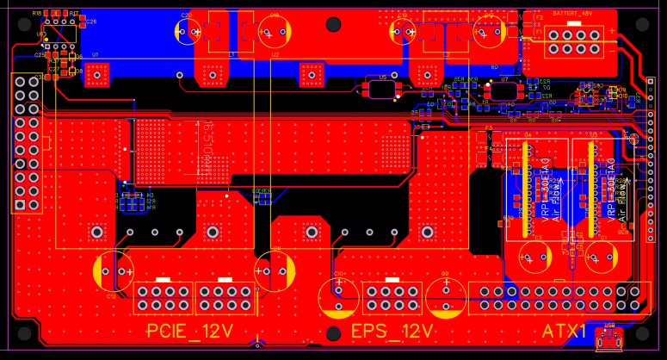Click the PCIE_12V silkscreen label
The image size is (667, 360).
click(190, 331)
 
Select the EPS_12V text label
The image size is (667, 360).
click(392, 332)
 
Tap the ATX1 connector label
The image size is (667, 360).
click(565, 331)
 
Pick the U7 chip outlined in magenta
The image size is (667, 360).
click(506, 90)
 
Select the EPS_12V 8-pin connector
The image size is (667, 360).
click(392, 298)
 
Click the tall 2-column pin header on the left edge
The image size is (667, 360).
click(26, 143)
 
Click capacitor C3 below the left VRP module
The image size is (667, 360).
click(536, 257)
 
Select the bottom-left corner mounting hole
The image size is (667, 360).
click(23, 332)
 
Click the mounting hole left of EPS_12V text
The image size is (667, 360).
click(334, 333)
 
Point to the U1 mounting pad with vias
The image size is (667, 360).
click(96, 76)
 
